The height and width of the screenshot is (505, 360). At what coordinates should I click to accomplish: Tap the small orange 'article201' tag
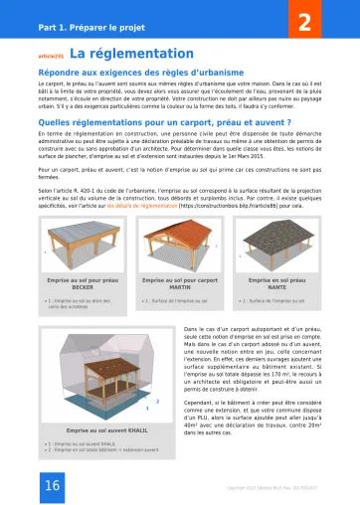click(x=51, y=56)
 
